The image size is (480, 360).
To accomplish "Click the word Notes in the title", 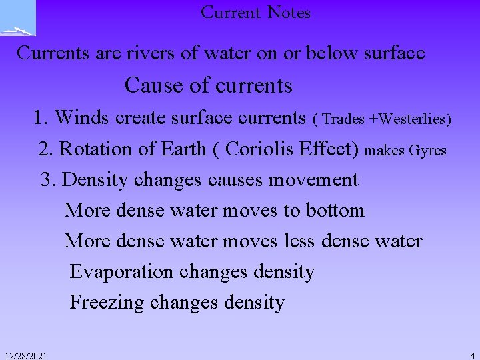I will click(x=289, y=13).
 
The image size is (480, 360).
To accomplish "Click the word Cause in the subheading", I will click(x=149, y=85).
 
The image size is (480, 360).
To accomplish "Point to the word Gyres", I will click(x=427, y=151).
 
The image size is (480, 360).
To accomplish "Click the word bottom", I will click(x=335, y=210).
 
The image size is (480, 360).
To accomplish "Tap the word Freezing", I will click(x=107, y=303).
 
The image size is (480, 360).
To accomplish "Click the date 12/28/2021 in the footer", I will click(x=25, y=356).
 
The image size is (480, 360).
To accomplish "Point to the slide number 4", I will click(x=472, y=356).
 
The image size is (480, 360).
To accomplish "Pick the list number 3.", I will click(x=47, y=179).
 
